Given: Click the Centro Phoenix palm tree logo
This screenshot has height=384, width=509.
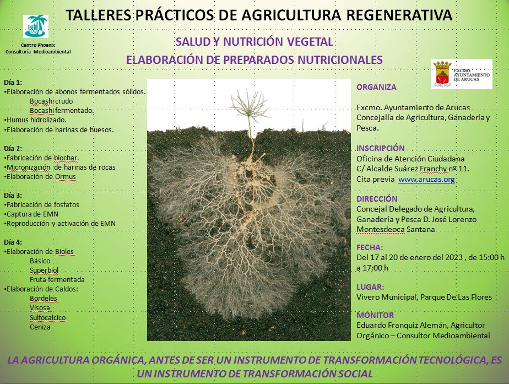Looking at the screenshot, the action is click(36, 26).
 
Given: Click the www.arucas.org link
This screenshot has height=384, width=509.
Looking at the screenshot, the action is click(426, 180).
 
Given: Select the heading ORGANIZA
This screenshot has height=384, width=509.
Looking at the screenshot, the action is click(376, 87).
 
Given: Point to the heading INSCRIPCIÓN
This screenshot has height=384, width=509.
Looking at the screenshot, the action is click(381, 148).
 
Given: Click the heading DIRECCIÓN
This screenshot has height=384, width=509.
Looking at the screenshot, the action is click(377, 199).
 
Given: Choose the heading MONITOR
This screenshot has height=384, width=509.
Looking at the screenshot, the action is click(375, 315).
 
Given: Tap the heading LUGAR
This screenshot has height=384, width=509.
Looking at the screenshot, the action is click(370, 287).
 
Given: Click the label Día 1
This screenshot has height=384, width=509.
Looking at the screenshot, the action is click(13, 83).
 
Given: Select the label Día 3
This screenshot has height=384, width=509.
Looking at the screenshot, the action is click(13, 195).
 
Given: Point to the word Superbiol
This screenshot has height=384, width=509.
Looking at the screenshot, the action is click(44, 270).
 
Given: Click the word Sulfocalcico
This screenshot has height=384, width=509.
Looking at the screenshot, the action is click(48, 317).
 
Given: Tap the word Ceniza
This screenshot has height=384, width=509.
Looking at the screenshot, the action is click(40, 327).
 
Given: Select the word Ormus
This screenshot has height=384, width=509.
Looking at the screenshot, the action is click(65, 177).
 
